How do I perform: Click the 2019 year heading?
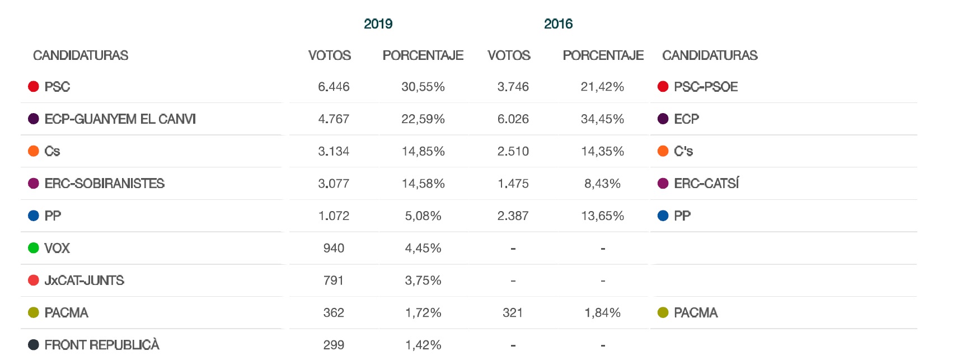[x=378, y=24]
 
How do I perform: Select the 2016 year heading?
[x=558, y=24]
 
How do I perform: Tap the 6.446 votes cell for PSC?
[x=334, y=87]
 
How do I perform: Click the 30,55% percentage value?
[x=423, y=87]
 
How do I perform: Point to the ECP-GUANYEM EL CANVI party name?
[x=120, y=119]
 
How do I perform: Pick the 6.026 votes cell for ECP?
[x=513, y=119]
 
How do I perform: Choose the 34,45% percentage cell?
[x=602, y=119]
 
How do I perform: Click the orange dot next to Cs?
[x=34, y=151]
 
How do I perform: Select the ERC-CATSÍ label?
[x=706, y=184]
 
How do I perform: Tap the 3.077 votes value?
[x=334, y=184]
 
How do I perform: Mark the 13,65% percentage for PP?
[x=602, y=216]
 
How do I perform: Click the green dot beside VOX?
[x=34, y=248]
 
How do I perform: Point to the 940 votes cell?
[x=334, y=248]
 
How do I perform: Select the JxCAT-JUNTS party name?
[x=84, y=280]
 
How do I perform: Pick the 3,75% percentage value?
[x=423, y=280]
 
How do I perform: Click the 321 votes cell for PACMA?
[x=513, y=313]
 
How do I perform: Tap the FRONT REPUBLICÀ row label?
[x=102, y=345]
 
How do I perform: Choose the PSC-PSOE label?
[x=706, y=87]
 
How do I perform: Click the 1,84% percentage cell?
[x=602, y=313]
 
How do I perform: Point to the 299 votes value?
[x=334, y=345]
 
